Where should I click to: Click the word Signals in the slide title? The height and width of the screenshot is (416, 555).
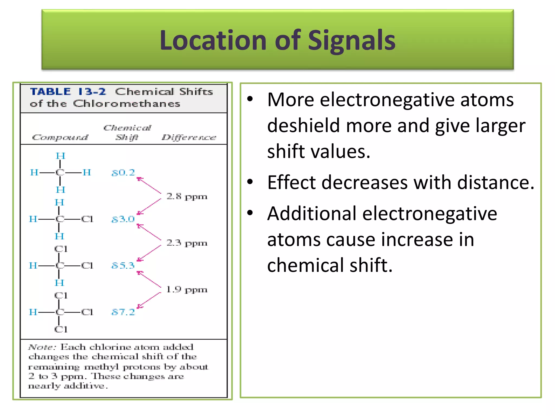351,40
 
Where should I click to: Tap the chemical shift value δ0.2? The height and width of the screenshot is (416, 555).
123,173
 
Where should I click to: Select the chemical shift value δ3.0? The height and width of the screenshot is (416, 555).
123,219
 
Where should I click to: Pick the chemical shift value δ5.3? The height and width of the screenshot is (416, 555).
123,265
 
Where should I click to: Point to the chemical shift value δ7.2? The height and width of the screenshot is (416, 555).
123,312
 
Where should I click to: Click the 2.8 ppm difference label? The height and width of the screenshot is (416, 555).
187,196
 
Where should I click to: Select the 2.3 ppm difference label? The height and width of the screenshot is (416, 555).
187,243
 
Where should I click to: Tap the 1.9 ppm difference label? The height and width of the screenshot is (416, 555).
187,290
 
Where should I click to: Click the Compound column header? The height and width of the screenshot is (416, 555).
60,137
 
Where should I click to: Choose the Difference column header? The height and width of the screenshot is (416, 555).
189,137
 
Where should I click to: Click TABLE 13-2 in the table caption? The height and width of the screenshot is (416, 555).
68,92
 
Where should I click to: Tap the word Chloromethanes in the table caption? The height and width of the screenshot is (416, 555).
127,103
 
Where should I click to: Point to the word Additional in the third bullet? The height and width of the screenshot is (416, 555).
312,213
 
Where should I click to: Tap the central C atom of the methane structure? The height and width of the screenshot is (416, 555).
60,173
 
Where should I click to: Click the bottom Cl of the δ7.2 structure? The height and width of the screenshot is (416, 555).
60,329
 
